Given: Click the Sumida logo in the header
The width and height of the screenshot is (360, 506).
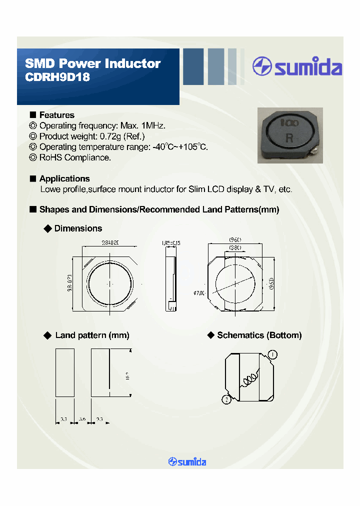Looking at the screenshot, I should pyautogui.click(x=297, y=66).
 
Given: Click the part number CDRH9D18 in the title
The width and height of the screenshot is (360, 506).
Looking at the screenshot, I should pyautogui.click(x=57, y=78).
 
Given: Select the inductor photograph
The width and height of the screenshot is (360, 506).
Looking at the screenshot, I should pyautogui.click(x=289, y=135).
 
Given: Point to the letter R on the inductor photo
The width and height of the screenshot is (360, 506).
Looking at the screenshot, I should pyautogui.click(x=289, y=138).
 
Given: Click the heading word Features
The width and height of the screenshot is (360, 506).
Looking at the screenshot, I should pyautogui.click(x=56, y=115).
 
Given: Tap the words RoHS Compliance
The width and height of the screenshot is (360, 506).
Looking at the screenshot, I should pyautogui.click(x=75, y=157).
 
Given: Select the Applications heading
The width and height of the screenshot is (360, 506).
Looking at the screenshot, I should pyautogui.click(x=64, y=178).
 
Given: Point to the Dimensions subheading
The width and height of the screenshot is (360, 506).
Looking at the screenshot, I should pyautogui.click(x=78, y=228).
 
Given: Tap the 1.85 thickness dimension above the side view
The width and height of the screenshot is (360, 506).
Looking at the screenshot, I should pyautogui.click(x=171, y=243).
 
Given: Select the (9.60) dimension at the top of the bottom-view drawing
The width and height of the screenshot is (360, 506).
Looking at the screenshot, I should pyautogui.click(x=235, y=239).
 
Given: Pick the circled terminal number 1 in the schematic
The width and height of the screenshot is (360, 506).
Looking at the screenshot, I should pyautogui.click(x=272, y=355).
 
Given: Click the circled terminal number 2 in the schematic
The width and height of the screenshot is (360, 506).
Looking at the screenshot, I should pyautogui.click(x=226, y=399).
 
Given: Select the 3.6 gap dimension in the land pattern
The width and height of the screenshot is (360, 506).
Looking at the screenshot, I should pyautogui.click(x=82, y=418).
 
